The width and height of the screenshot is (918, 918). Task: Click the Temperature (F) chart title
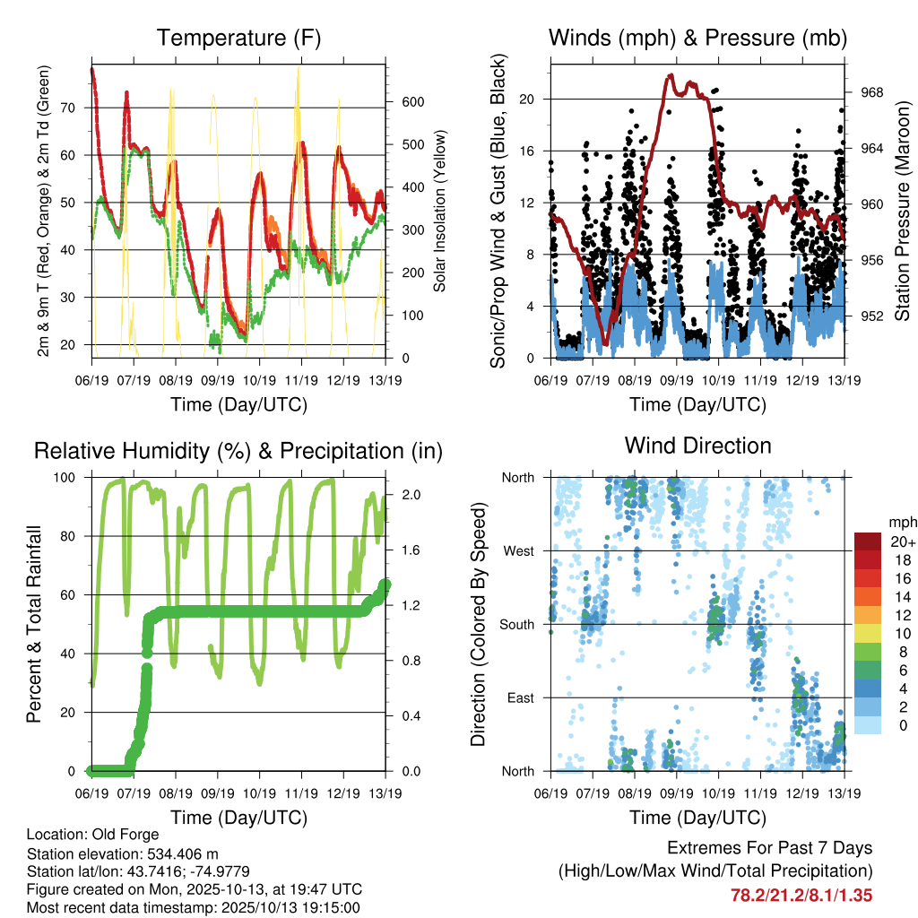(x=238, y=38)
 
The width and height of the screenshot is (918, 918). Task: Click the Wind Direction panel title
(x=697, y=445)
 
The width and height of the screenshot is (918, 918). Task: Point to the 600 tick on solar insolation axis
(x=412, y=101)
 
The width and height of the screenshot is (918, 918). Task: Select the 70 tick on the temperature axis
(x=77, y=108)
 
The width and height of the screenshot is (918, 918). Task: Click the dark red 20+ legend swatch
(x=868, y=541)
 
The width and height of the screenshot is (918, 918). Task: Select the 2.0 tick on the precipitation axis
(x=409, y=495)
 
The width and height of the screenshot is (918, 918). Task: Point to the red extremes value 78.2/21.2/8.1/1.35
(x=801, y=895)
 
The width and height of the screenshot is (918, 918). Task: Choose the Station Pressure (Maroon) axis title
(x=903, y=212)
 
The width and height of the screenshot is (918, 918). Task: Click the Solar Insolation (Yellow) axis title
(x=439, y=212)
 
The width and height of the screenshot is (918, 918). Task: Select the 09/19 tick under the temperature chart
(x=217, y=379)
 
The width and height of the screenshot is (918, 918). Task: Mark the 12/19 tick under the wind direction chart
(x=802, y=792)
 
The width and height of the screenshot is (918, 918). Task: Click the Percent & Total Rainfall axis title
(x=36, y=625)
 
